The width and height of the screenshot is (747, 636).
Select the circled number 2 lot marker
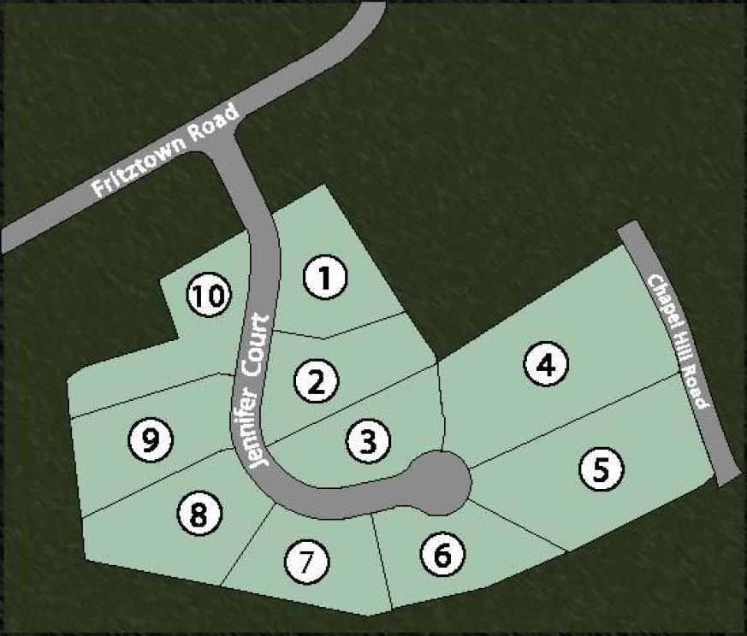317,381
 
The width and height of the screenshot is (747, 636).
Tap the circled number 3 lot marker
369,441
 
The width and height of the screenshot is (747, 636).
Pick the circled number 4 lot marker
547,365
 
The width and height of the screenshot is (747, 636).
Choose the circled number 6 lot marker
442,556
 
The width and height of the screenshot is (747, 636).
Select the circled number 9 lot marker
151,440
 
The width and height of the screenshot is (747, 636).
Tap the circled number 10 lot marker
208,296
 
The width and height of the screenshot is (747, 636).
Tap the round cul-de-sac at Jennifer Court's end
439,482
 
